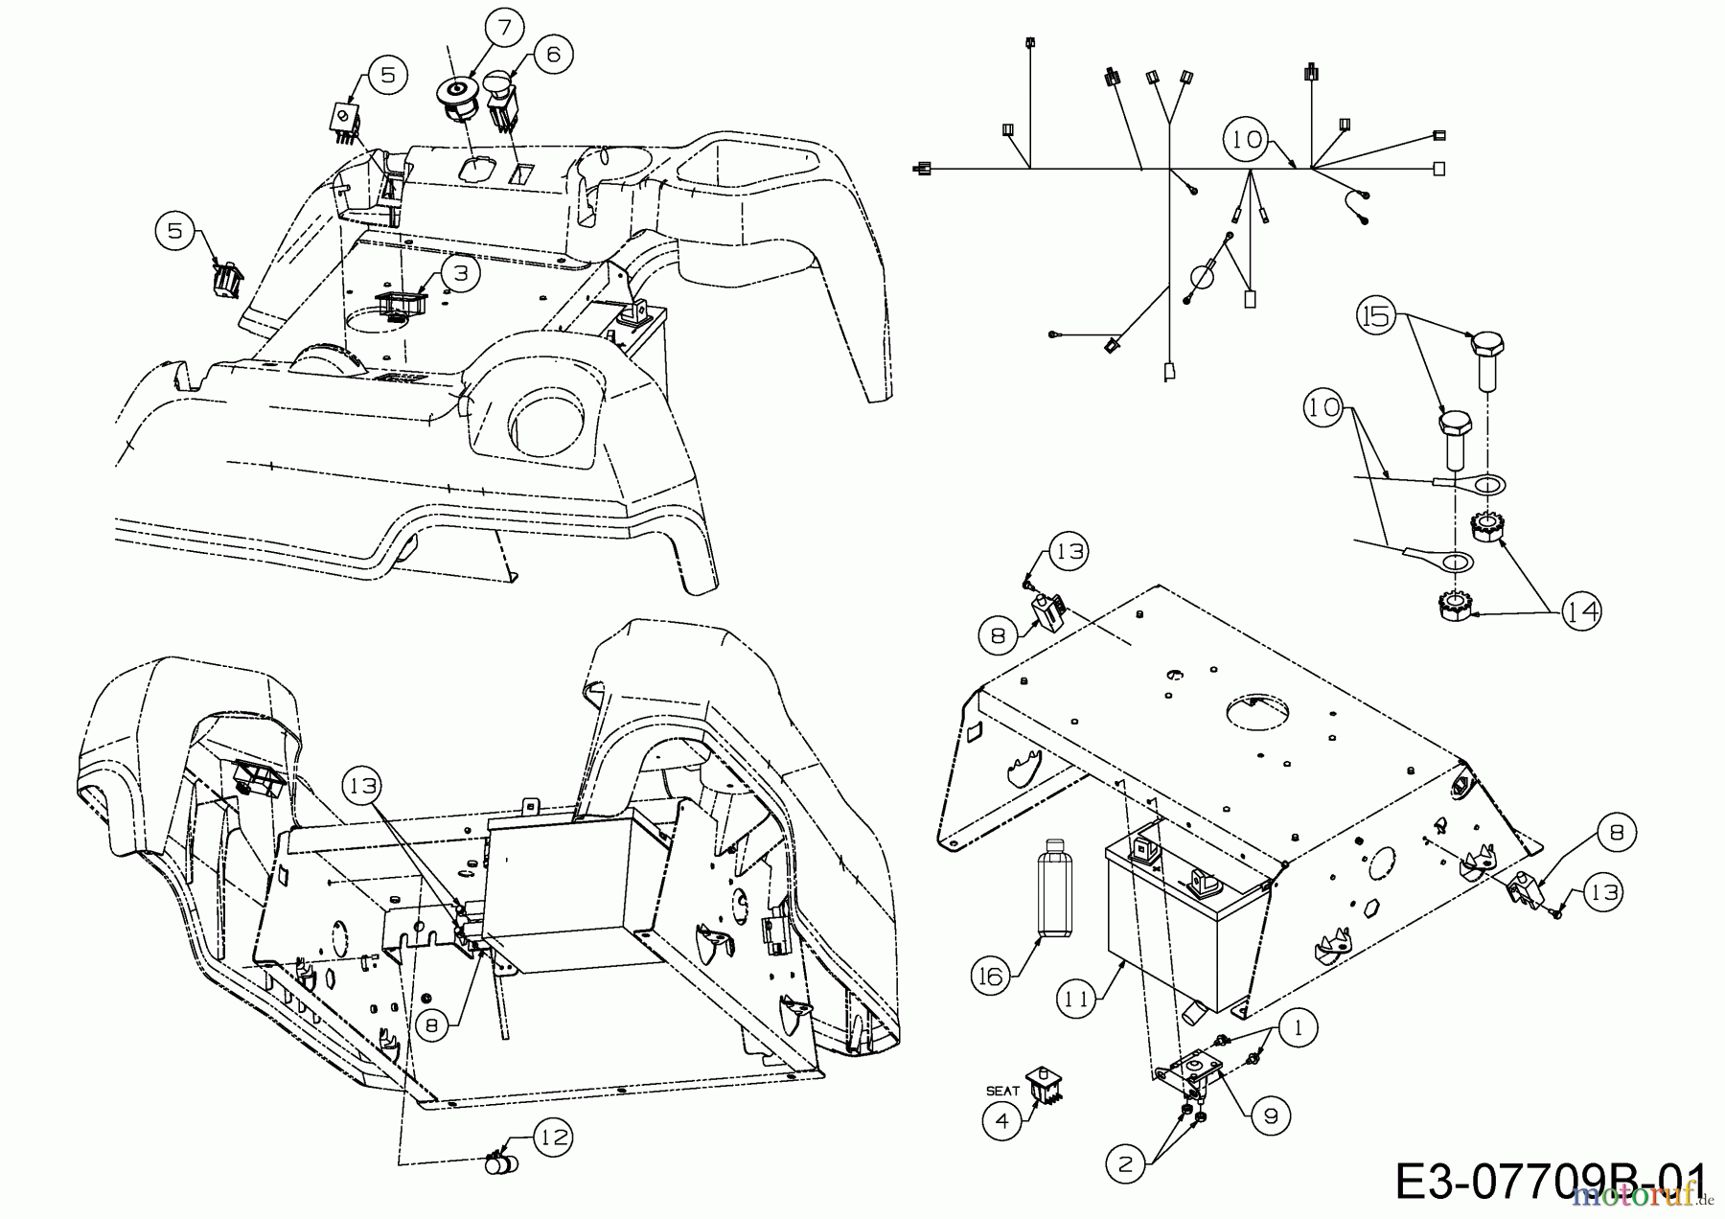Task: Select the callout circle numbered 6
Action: click(x=553, y=54)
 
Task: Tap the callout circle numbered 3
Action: click(x=461, y=273)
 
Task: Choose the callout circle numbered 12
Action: click(x=554, y=1138)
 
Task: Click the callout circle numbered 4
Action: click(x=1001, y=1121)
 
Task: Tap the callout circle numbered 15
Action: click(x=1377, y=315)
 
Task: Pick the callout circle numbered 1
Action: click(x=1298, y=1029)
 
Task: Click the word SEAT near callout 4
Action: click(x=1002, y=1091)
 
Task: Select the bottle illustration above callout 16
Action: click(x=1054, y=886)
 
